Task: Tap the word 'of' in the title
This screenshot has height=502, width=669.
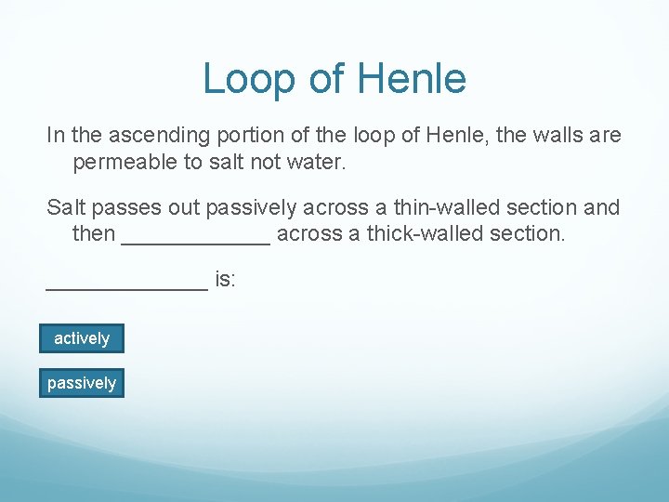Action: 326,79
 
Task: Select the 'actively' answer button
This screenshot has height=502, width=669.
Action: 82,338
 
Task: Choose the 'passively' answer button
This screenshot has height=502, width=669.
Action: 82,383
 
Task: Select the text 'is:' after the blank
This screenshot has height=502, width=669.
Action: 226,278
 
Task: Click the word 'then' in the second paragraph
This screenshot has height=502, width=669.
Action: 94,233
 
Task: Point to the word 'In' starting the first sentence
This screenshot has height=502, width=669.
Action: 56,136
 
